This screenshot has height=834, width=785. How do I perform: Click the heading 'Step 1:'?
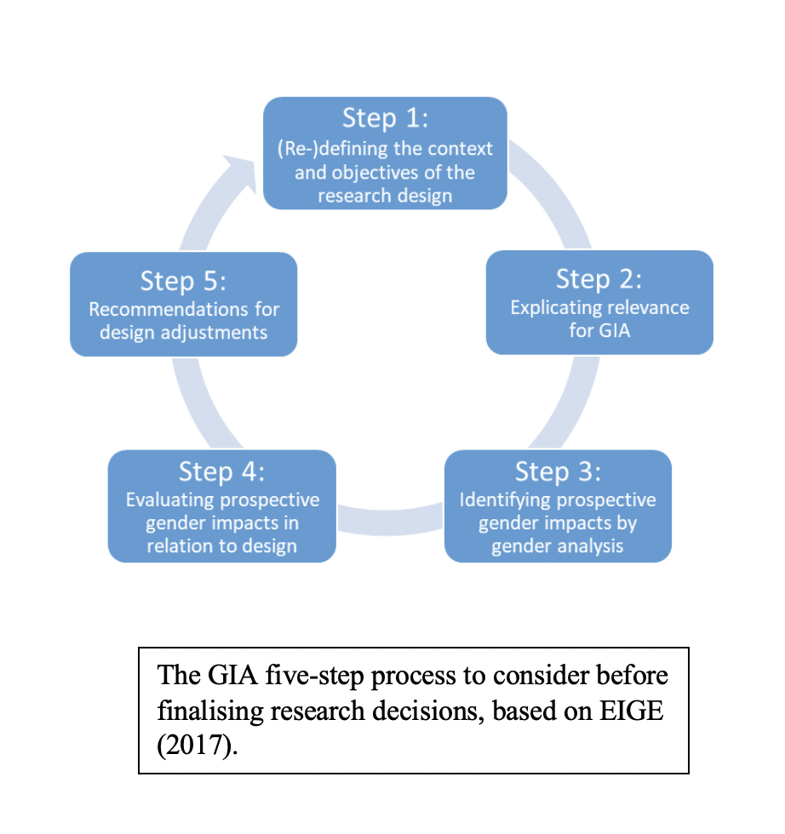(x=386, y=118)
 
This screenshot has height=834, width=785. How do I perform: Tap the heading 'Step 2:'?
(x=599, y=279)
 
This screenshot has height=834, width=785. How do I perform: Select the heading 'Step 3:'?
(x=558, y=471)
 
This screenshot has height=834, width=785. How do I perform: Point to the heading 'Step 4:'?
(x=221, y=471)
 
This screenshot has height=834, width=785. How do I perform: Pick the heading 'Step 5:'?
(x=183, y=282)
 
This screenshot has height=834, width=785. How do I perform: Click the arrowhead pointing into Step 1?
(x=241, y=172)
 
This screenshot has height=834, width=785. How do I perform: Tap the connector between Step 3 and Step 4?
(x=390, y=520)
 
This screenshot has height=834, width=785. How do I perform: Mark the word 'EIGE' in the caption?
(x=632, y=711)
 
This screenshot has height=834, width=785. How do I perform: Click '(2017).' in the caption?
(x=198, y=745)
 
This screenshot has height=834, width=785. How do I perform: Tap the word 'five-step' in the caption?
(x=314, y=677)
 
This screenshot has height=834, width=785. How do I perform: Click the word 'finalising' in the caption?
(x=209, y=711)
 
